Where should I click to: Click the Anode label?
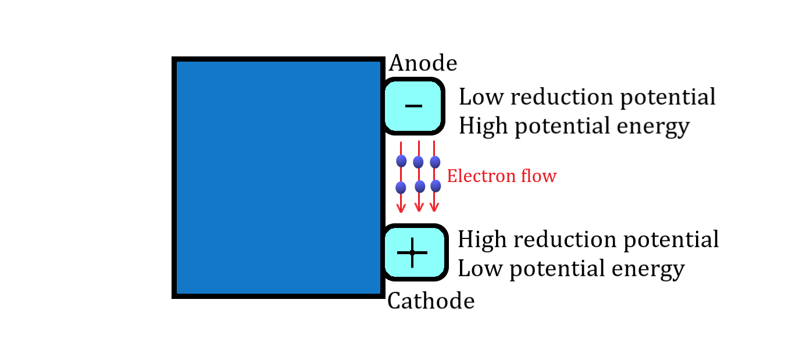coord(423,63)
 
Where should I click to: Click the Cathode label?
coord(430,301)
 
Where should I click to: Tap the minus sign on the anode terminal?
coord(413,106)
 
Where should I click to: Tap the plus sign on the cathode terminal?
coord(412,252)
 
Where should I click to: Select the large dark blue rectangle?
coord(278,177)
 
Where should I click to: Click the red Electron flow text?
coord(501,176)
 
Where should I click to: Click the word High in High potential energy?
coord(481,126)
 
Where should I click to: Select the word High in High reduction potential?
coord(480,240)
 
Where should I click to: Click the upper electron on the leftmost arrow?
coord(401,161)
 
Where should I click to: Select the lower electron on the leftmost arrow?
coord(401,187)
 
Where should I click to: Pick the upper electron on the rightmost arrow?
coord(435,162)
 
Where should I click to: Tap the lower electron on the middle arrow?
coord(420,186)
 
